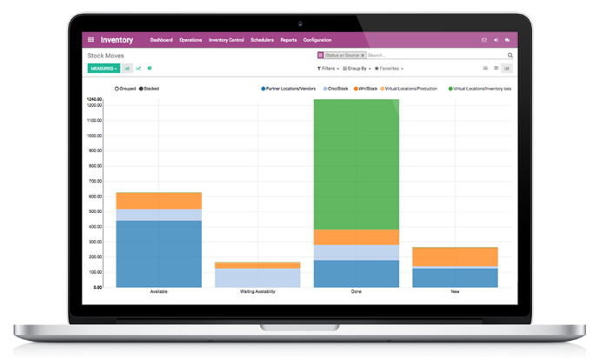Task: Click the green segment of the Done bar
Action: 357,165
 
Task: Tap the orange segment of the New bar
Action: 455,257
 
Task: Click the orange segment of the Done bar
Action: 357,237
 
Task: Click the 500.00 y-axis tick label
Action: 94,211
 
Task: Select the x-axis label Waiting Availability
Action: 257,291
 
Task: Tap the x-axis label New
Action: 455,291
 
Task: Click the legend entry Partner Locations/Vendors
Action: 291,89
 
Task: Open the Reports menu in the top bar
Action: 288,40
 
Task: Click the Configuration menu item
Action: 317,40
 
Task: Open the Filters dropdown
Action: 327,68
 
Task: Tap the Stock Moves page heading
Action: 106,55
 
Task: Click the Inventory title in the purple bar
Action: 117,40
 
